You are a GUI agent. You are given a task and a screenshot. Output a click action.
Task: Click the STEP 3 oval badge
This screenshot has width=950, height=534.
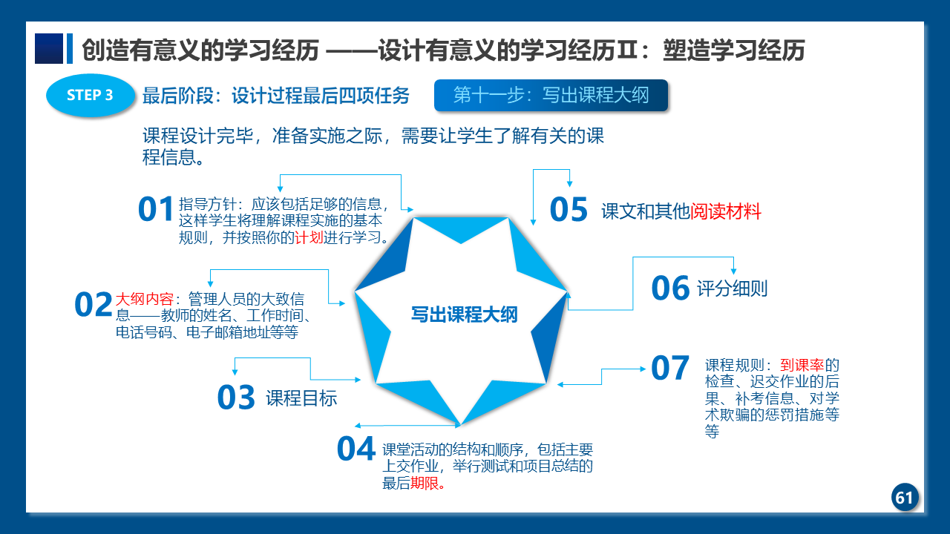click(x=91, y=96)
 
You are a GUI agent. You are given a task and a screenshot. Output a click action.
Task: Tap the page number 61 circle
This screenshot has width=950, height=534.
click(x=905, y=497)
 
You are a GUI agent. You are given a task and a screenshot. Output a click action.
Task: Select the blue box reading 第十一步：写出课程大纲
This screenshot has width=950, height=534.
click(x=551, y=95)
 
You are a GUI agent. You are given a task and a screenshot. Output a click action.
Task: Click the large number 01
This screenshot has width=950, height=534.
click(x=155, y=209)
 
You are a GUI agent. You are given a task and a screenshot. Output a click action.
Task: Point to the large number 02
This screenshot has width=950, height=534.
click(x=94, y=304)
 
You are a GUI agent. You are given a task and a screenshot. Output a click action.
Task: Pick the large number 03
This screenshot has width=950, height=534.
click(x=236, y=398)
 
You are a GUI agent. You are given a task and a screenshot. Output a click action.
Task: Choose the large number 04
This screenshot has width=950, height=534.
click(x=356, y=449)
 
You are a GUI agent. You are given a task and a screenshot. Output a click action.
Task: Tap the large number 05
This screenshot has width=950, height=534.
click(x=569, y=209)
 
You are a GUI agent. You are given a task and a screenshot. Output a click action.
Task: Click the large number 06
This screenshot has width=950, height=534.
click(x=670, y=289)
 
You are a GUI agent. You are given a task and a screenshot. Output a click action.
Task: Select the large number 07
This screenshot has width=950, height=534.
click(x=670, y=368)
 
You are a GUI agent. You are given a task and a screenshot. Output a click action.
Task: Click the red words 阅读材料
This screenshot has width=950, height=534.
click(x=726, y=211)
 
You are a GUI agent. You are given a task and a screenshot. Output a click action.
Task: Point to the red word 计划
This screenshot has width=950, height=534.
click(x=309, y=237)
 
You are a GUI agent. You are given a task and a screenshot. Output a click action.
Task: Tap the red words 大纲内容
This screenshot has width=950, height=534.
click(x=144, y=299)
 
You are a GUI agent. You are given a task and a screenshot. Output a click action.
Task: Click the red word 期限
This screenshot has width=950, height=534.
click(x=424, y=483)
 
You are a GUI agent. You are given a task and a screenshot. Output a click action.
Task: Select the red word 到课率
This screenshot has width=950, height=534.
click(x=802, y=365)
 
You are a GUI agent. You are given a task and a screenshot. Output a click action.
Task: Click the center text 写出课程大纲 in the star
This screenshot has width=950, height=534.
click(x=464, y=314)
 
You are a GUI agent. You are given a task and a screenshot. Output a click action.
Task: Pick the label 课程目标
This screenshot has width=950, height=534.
click(x=301, y=398)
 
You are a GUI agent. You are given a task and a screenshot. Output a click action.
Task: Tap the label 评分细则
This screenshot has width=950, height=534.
click(x=733, y=289)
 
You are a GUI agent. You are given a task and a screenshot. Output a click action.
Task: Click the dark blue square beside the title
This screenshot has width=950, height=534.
click(x=49, y=49)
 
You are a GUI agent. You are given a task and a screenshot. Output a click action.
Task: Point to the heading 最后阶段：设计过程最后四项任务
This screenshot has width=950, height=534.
click(x=276, y=96)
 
